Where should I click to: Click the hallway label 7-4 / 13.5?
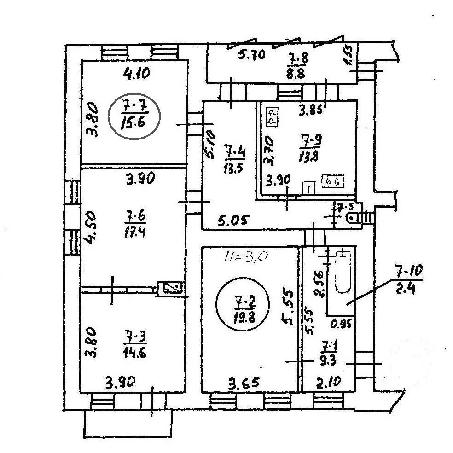click(232, 157)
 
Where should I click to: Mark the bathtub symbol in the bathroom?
click(343, 272)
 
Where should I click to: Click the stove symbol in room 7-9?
click(333, 182)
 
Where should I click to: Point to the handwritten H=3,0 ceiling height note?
click(246, 256)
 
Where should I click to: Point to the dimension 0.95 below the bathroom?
click(341, 324)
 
